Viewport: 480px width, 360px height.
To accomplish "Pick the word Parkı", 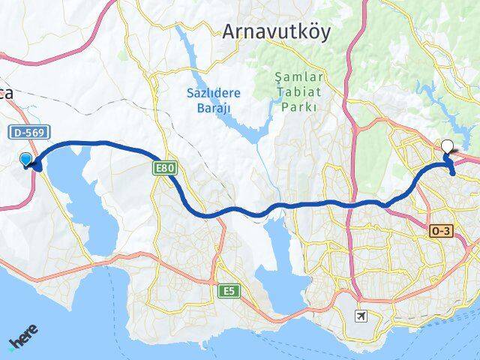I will coord(289,107).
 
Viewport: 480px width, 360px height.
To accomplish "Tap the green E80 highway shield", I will coord(166,169).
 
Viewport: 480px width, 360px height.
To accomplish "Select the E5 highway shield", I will coord(229,290).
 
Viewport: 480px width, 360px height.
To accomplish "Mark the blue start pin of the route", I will coord(27,160).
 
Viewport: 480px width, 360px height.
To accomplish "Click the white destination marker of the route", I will coord(448,147).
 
